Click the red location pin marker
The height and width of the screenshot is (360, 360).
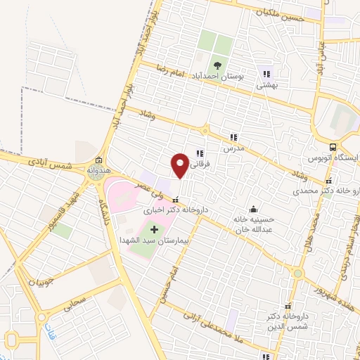tap(180, 165)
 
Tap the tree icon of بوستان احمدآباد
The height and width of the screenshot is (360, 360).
tap(217, 66)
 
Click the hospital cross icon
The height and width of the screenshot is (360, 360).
tap(155, 230)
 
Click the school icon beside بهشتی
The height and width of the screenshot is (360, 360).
tap(266, 73)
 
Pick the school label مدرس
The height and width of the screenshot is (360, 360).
tap(233, 148)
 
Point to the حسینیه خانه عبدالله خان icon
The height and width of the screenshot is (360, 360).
tap(253, 209)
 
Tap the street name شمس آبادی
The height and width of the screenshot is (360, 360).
tap(51, 164)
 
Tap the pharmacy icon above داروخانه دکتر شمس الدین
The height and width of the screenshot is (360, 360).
tap(288, 307)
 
